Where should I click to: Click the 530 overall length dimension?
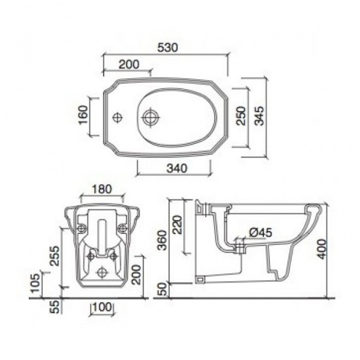tap(167, 47)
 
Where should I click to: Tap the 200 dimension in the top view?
tap(129, 64)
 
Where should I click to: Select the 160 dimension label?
tap(83, 115)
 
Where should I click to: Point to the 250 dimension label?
tap(241, 116)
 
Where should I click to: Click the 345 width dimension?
tap(260, 116)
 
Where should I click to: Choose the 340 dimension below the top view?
tap(177, 168)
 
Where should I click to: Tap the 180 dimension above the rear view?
tap(102, 189)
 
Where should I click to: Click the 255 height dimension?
tap(55, 256)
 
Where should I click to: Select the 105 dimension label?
tap(35, 283)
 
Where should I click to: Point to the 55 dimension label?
tap(55, 307)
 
